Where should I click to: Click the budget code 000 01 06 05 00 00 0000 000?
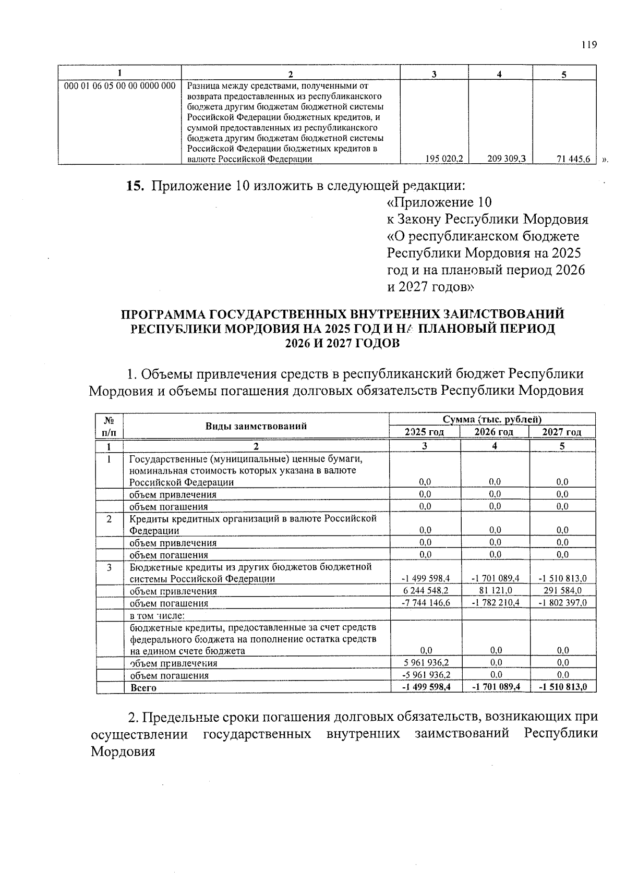pyautogui.click(x=119, y=85)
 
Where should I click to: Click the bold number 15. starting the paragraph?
pyautogui.click(x=135, y=186)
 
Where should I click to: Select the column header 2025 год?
pyautogui.click(x=425, y=432)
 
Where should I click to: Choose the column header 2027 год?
pyautogui.click(x=562, y=432)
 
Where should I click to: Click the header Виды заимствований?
pyautogui.click(x=256, y=426)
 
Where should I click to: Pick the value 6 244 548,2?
pyautogui.click(x=426, y=591)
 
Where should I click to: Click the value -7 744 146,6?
pyautogui.click(x=426, y=603)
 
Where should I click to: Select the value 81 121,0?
pyautogui.click(x=495, y=591)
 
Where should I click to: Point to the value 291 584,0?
pyautogui.click(x=562, y=591)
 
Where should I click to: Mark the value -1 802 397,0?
pyautogui.click(x=562, y=603)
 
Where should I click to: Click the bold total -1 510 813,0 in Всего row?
pyautogui.click(x=562, y=687)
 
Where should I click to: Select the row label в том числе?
pyautogui.click(x=154, y=615)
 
